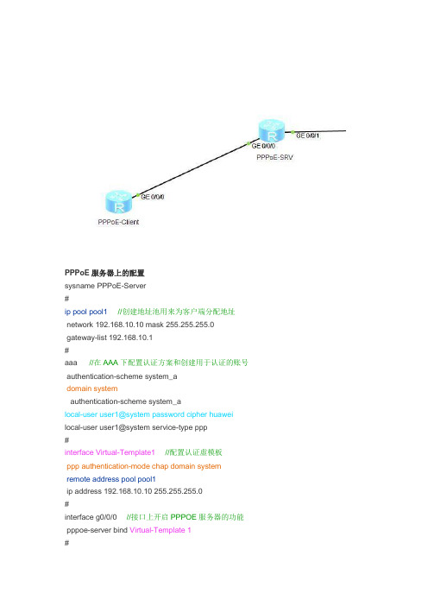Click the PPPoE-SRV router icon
tap(272, 130)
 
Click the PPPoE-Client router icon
tap(118, 202)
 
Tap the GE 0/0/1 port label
tap(308, 136)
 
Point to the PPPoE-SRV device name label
tap(274, 157)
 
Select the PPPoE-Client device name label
tap(118, 222)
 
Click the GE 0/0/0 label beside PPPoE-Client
tap(153, 197)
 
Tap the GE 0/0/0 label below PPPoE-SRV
tap(263, 146)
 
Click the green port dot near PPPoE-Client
tap(138, 195)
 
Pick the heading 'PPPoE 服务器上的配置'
tap(104, 273)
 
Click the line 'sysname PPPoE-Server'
tap(105, 286)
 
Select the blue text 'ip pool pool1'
tap(85, 312)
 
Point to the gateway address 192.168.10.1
tap(131, 338)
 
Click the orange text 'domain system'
tap(92, 388)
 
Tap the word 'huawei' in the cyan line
tap(222, 414)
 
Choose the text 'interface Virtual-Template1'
tap(110, 452)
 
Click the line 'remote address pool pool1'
tap(110, 479)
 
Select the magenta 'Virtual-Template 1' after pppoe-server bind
tap(160, 530)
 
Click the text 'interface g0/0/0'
tap(91, 517)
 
